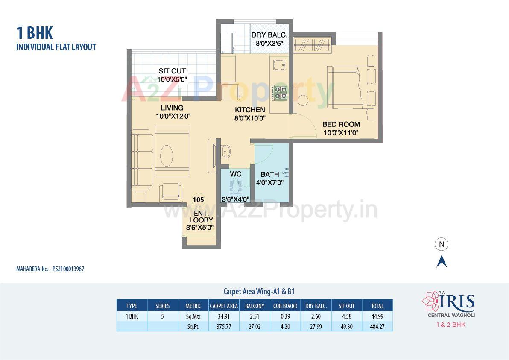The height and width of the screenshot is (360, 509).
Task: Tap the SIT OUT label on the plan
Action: tap(172, 71)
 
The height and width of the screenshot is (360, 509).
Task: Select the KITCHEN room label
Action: tap(250, 110)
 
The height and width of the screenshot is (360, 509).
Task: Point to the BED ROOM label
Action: tap(341, 124)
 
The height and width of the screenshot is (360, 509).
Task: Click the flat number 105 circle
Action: tap(198, 199)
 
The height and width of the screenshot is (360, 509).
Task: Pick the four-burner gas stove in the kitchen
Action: tap(280, 93)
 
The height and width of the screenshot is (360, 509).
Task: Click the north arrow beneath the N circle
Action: tap(442, 261)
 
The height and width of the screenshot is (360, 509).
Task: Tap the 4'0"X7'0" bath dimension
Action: tap(270, 183)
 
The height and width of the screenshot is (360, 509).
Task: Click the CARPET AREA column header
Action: tap(224, 306)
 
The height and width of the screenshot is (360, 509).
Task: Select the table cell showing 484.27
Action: tap(377, 327)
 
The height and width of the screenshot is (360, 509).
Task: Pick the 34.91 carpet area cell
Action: tap(224, 317)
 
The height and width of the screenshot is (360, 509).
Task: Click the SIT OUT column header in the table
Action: tap(347, 306)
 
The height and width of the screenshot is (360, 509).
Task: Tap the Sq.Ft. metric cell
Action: tap(193, 327)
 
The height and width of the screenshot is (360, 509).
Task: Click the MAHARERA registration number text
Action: tap(50, 269)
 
